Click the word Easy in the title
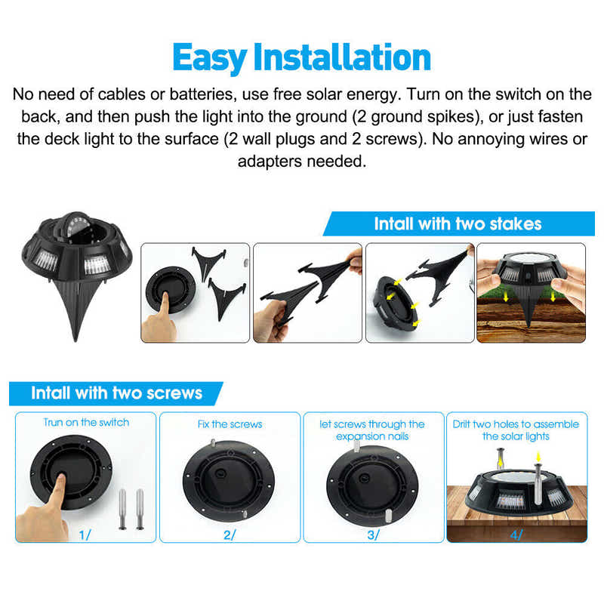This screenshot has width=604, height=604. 210,57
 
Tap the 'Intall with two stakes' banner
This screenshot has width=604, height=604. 458,223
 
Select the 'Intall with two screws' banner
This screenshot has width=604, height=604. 116,393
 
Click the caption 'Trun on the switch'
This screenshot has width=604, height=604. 86,422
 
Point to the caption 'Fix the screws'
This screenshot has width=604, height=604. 230,424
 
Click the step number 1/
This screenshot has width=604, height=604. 85,535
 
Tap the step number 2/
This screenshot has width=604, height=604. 229,535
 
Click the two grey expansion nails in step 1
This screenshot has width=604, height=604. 131,508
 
